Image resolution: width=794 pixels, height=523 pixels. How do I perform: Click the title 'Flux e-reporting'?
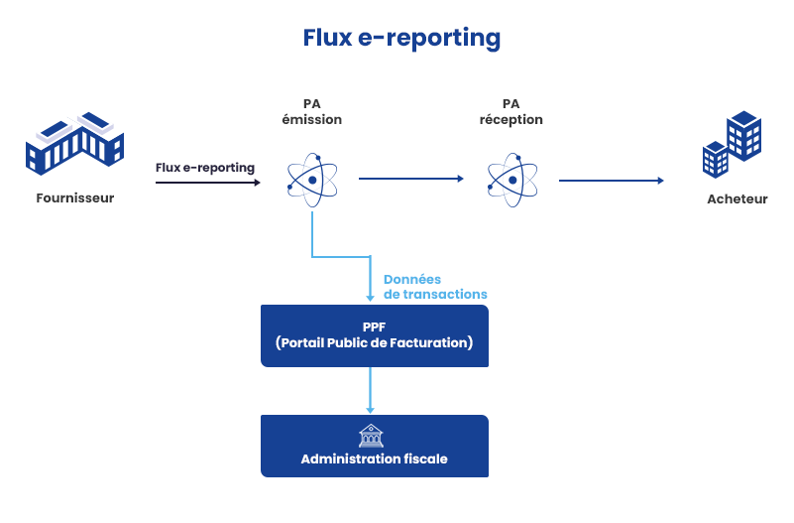tap(401, 38)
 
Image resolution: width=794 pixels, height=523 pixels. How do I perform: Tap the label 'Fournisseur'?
tap(75, 197)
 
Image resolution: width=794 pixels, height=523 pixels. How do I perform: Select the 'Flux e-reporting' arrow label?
tap(205, 167)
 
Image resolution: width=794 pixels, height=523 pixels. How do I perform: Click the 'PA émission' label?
tap(312, 112)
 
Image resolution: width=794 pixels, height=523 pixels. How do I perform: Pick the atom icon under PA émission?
tap(312, 180)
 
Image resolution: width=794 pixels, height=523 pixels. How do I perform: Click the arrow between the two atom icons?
tap(410, 179)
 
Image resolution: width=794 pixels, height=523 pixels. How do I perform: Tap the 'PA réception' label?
tap(510, 112)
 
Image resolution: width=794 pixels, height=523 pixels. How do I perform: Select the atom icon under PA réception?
tap(511, 180)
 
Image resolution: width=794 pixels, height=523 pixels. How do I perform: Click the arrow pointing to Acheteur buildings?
tap(611, 181)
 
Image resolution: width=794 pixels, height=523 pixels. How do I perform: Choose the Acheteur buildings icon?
tap(732, 144)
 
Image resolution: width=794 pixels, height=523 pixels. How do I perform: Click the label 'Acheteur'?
tap(737, 198)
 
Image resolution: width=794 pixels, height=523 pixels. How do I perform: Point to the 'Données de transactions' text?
tap(434, 287)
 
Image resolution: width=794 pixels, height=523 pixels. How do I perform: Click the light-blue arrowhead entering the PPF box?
tap(371, 297)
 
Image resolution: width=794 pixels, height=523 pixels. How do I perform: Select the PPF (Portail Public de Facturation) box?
tap(374, 335)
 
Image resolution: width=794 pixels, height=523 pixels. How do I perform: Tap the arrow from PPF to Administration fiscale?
tap(371, 390)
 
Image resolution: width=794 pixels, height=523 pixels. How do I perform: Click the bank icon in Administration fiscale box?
tap(371, 436)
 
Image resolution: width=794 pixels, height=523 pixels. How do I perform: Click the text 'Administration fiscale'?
tap(374, 458)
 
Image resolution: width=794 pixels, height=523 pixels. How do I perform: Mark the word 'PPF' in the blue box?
tap(374, 327)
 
